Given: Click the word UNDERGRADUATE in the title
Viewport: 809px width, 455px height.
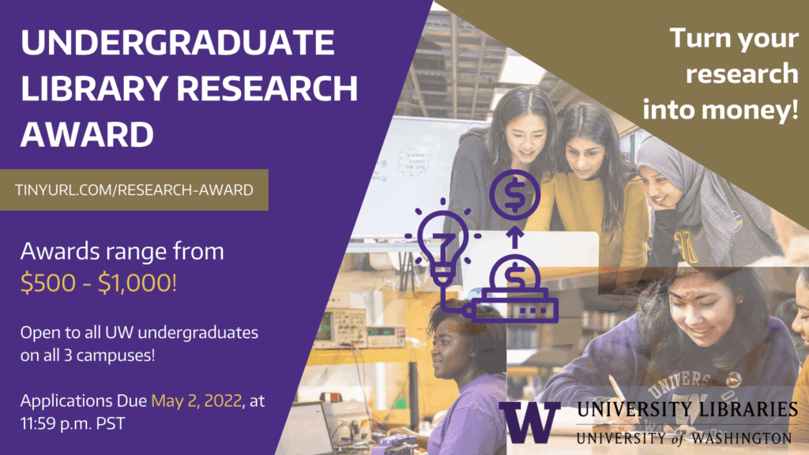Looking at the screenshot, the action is pos(178,42).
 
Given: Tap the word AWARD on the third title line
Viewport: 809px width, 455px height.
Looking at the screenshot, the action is pos(87,134).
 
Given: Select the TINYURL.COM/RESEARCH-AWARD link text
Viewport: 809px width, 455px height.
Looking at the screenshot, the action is pos(134,190).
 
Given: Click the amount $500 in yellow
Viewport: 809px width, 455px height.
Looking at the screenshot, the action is pos(48,283).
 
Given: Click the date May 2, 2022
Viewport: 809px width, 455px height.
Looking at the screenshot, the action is pos(197,400).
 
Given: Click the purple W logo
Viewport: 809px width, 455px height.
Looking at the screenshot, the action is pos(530,422).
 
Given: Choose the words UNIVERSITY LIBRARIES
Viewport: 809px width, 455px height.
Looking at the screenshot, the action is pos(687,409).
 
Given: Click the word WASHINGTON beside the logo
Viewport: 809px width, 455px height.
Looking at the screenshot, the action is pos(741,438).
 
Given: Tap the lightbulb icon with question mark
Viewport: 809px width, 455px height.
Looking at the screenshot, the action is pos(442,243).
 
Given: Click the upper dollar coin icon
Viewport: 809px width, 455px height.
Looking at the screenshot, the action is pos(515,196).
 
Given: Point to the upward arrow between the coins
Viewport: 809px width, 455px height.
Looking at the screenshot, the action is pos(514,237).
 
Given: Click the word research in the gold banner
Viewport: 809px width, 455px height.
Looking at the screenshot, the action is pos(742,73).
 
